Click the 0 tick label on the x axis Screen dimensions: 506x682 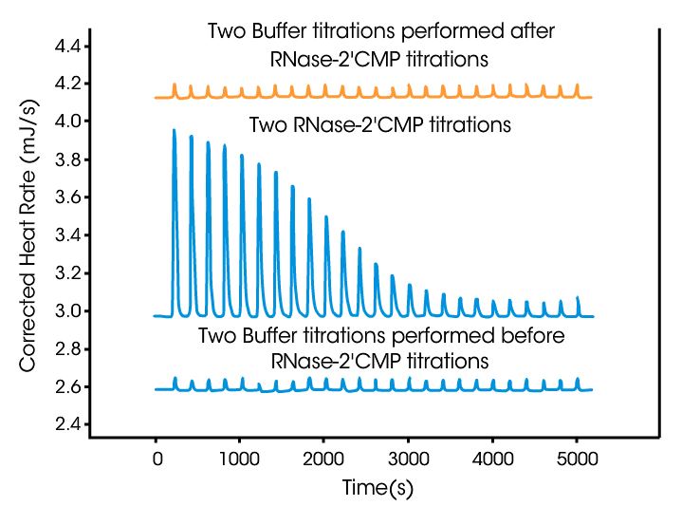pyautogui.click(x=157, y=460)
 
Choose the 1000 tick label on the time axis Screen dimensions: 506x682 pyautogui.click(x=240, y=460)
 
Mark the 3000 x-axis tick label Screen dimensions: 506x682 pyautogui.click(x=408, y=460)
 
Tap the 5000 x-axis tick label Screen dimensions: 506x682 pyautogui.click(x=576, y=460)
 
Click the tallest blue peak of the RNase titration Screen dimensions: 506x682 pyautogui.click(x=175, y=132)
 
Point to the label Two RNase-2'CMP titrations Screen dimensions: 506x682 pyautogui.click(x=379, y=124)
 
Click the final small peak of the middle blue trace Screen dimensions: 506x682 pyautogui.click(x=578, y=298)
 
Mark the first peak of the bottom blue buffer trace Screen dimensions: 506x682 pyautogui.click(x=175, y=379)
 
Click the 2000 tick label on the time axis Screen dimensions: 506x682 pyautogui.click(x=324, y=460)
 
